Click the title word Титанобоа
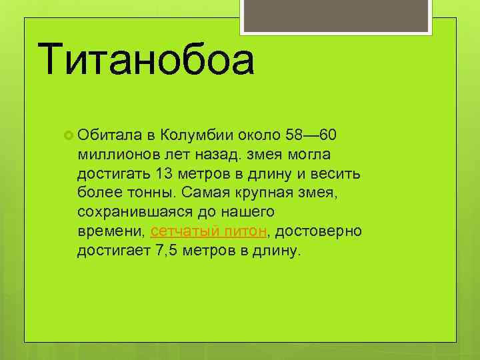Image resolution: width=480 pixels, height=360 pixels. coord(147,59)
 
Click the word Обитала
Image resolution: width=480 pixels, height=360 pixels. coord(106,135)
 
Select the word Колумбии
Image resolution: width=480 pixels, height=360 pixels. coord(196,135)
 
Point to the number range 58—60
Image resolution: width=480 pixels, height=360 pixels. coord(314,135)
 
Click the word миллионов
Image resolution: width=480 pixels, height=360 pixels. coord(117,155)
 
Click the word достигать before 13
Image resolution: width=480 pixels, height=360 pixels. coord(113,174)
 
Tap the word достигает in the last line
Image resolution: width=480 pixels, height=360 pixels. coord(115,251)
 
